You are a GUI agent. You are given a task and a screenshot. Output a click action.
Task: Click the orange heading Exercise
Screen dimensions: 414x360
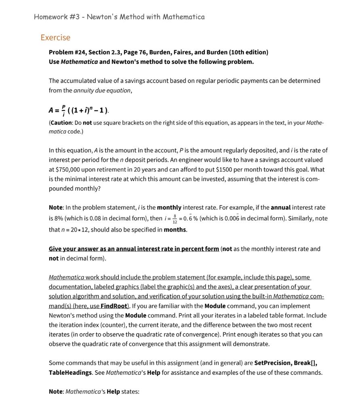[55, 38]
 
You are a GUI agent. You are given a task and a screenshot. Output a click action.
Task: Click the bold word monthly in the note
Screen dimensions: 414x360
[169, 207]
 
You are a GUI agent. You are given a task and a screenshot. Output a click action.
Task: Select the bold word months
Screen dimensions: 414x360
[175, 230]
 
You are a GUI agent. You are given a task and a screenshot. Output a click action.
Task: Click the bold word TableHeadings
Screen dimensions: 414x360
[70, 372]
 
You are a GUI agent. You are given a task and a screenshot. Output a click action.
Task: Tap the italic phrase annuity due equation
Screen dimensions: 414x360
[102, 91]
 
